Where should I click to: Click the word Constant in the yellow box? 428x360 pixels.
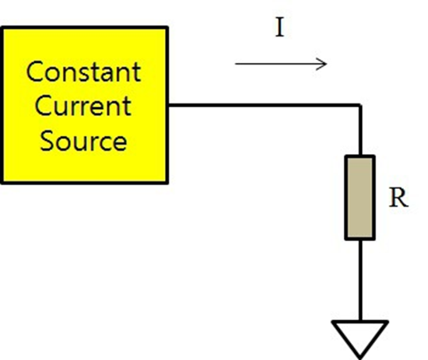click(83, 72)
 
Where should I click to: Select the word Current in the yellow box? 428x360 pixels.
click(83, 106)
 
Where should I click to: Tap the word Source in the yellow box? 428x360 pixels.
click(83, 141)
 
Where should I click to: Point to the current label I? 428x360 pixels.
click(280, 27)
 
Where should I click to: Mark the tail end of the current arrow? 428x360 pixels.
click(235, 64)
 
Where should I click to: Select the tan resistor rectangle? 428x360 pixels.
click(360, 197)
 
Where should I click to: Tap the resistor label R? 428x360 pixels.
click(398, 197)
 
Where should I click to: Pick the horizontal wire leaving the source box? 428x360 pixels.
click(263, 105)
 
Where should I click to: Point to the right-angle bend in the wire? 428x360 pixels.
click(360, 105)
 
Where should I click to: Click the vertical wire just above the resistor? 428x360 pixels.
click(360, 131)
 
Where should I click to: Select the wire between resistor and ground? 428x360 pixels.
click(360, 281)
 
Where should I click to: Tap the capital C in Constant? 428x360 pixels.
click(35, 72)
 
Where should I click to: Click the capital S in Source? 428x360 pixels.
click(47, 141)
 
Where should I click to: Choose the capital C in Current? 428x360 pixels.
click(43, 106)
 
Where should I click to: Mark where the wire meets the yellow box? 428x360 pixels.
click(168, 105)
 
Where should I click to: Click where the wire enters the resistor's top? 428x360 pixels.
click(360, 156)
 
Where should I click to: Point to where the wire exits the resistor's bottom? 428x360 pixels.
click(360, 240)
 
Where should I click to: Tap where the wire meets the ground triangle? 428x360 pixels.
click(360, 321)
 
